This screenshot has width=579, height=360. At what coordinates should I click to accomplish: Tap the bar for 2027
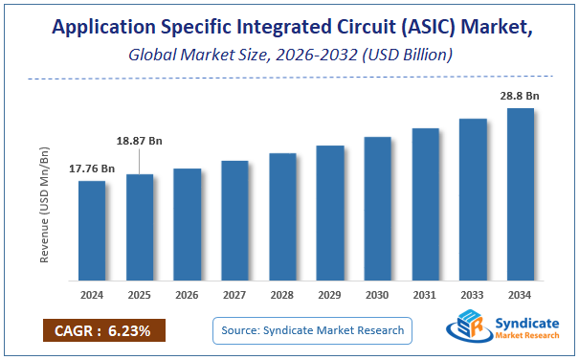[x=234, y=221]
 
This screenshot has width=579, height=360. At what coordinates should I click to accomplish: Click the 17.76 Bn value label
[x=92, y=169]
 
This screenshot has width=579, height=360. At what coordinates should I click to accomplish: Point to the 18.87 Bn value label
[x=140, y=141]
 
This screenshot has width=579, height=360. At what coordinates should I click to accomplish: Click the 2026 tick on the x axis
[x=188, y=296]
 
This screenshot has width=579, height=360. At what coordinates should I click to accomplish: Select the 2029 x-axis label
[x=330, y=296]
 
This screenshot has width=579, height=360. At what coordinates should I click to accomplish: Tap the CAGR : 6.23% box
[x=103, y=331]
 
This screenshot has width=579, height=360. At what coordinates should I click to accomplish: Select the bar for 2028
[x=282, y=216]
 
